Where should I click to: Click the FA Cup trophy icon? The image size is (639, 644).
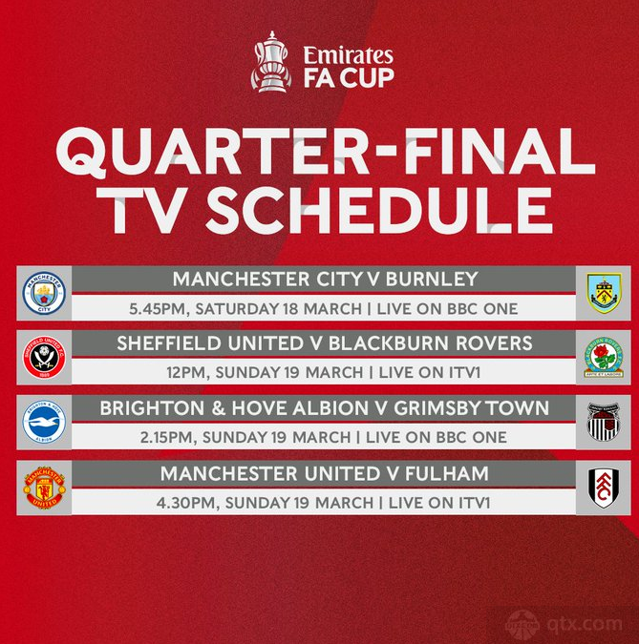(271, 62)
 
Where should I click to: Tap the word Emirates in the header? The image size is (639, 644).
(349, 55)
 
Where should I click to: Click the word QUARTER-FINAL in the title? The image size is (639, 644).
(326, 152)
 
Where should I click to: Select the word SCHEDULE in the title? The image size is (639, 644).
(379, 210)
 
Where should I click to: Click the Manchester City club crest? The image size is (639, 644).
(44, 293)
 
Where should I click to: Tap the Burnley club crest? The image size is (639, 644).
(604, 293)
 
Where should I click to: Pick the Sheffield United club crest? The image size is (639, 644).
(44, 358)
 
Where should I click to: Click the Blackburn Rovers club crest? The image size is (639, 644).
(604, 358)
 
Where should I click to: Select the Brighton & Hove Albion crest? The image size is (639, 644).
(44, 422)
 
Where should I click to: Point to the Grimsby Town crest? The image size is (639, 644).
(604, 422)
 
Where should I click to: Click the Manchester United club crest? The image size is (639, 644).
(44, 488)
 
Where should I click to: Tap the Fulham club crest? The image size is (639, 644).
(604, 488)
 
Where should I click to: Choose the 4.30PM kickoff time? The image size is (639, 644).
(185, 503)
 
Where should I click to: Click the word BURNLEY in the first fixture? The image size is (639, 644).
(432, 279)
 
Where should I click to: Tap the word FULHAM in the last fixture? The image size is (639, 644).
(447, 473)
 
